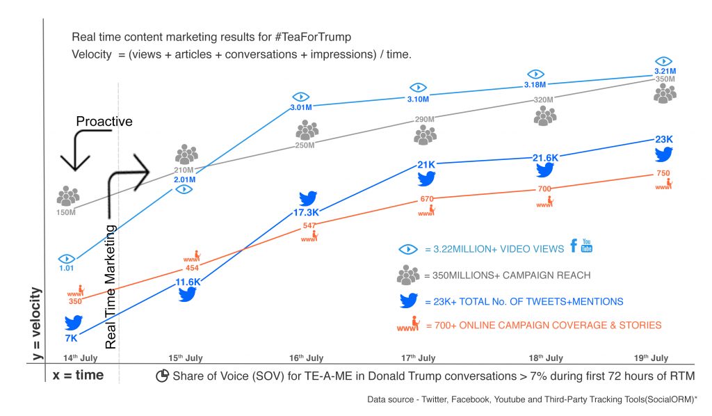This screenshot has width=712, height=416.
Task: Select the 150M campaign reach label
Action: click(x=66, y=212)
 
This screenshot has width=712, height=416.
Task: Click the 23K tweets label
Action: click(x=664, y=139)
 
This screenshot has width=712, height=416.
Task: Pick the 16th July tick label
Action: click(x=306, y=358)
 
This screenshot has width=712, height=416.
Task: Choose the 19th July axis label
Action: click(x=651, y=358)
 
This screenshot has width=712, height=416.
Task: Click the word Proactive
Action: click(x=104, y=122)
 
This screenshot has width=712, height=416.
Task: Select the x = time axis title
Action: click(x=78, y=375)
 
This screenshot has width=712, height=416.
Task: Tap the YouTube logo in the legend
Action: click(x=587, y=246)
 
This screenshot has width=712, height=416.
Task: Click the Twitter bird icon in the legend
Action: click(x=407, y=301)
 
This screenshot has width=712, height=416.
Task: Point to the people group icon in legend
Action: click(x=407, y=275)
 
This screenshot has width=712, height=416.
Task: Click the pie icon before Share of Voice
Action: click(x=162, y=376)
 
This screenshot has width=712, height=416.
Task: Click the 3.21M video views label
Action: click(x=665, y=71)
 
